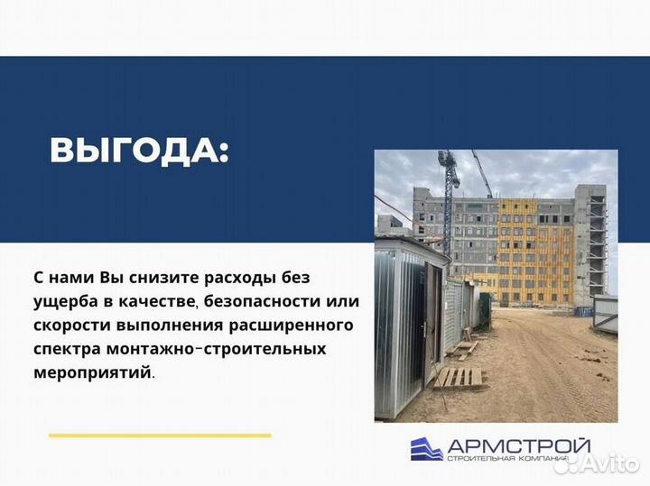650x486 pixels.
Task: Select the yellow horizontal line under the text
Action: (160, 436)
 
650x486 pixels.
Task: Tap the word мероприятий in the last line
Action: (100, 371)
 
